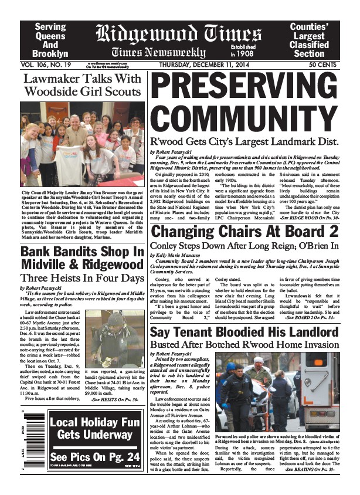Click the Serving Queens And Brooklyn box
[51, 40]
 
